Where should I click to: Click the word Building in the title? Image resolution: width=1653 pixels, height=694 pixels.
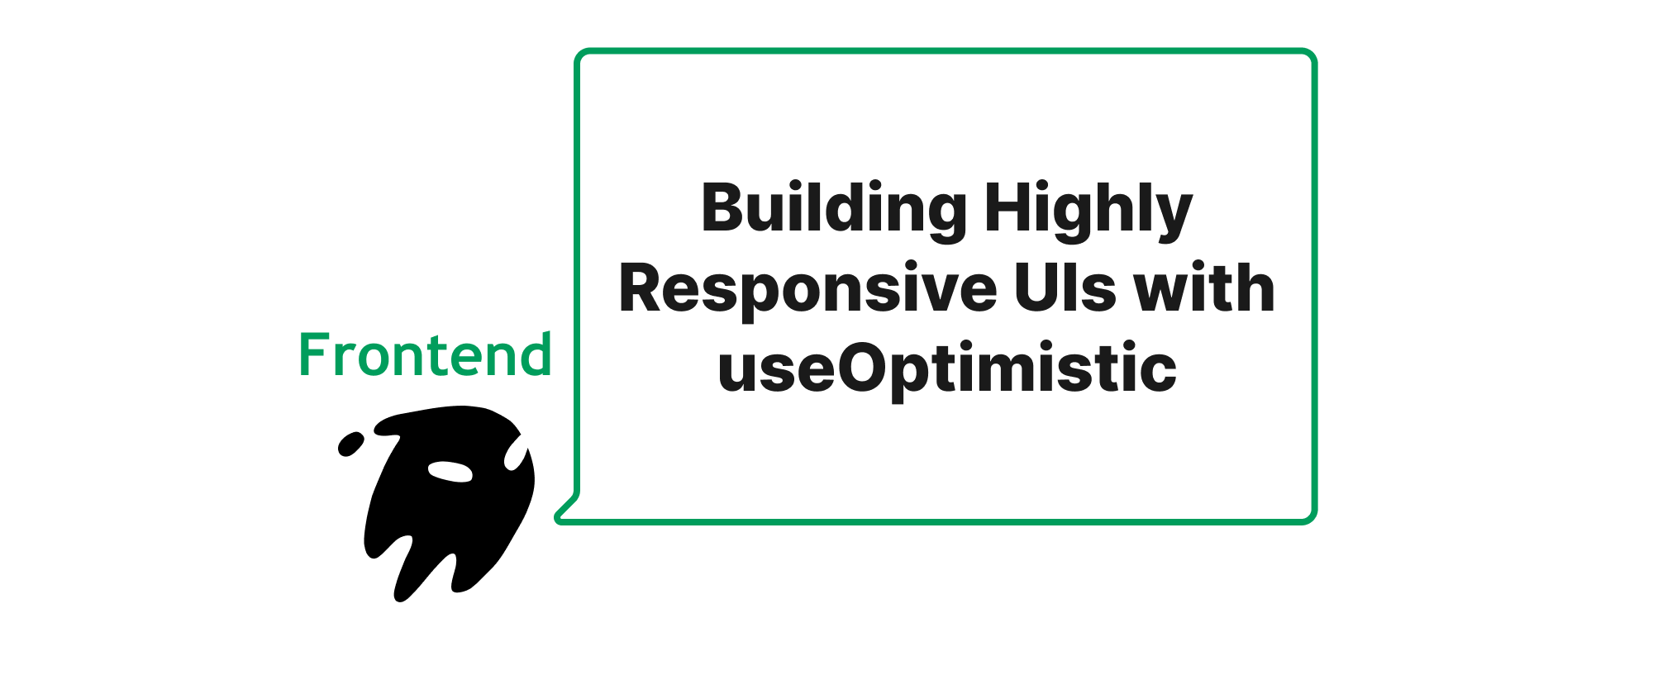[833, 208]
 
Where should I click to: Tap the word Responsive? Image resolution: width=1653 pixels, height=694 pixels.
[807, 289]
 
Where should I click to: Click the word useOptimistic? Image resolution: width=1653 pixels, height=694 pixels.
[947, 368]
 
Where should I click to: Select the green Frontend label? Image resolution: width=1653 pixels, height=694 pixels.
[425, 355]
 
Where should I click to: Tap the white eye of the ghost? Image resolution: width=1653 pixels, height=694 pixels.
[450, 471]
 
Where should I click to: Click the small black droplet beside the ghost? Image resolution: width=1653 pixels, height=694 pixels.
[350, 444]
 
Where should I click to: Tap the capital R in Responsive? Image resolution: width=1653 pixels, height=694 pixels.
[640, 288]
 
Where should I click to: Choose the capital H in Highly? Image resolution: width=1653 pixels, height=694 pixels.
[1003, 208]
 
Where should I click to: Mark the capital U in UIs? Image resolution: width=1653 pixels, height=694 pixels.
[1034, 288]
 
